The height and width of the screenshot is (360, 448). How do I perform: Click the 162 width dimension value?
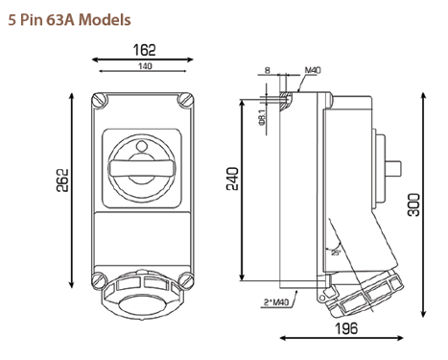click(144, 50)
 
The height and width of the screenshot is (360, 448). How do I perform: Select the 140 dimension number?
click(145, 66)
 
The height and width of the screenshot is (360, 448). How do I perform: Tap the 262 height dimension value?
click(62, 180)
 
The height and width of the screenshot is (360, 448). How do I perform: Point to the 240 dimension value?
click(232, 179)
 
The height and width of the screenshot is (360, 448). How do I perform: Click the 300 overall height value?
click(413, 204)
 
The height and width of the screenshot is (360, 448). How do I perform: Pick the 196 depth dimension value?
click(346, 328)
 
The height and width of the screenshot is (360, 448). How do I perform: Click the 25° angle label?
click(336, 252)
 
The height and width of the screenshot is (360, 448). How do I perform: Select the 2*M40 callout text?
click(276, 301)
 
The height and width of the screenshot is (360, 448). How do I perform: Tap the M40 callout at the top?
click(313, 70)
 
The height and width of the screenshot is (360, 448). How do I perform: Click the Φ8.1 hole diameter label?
click(262, 117)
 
